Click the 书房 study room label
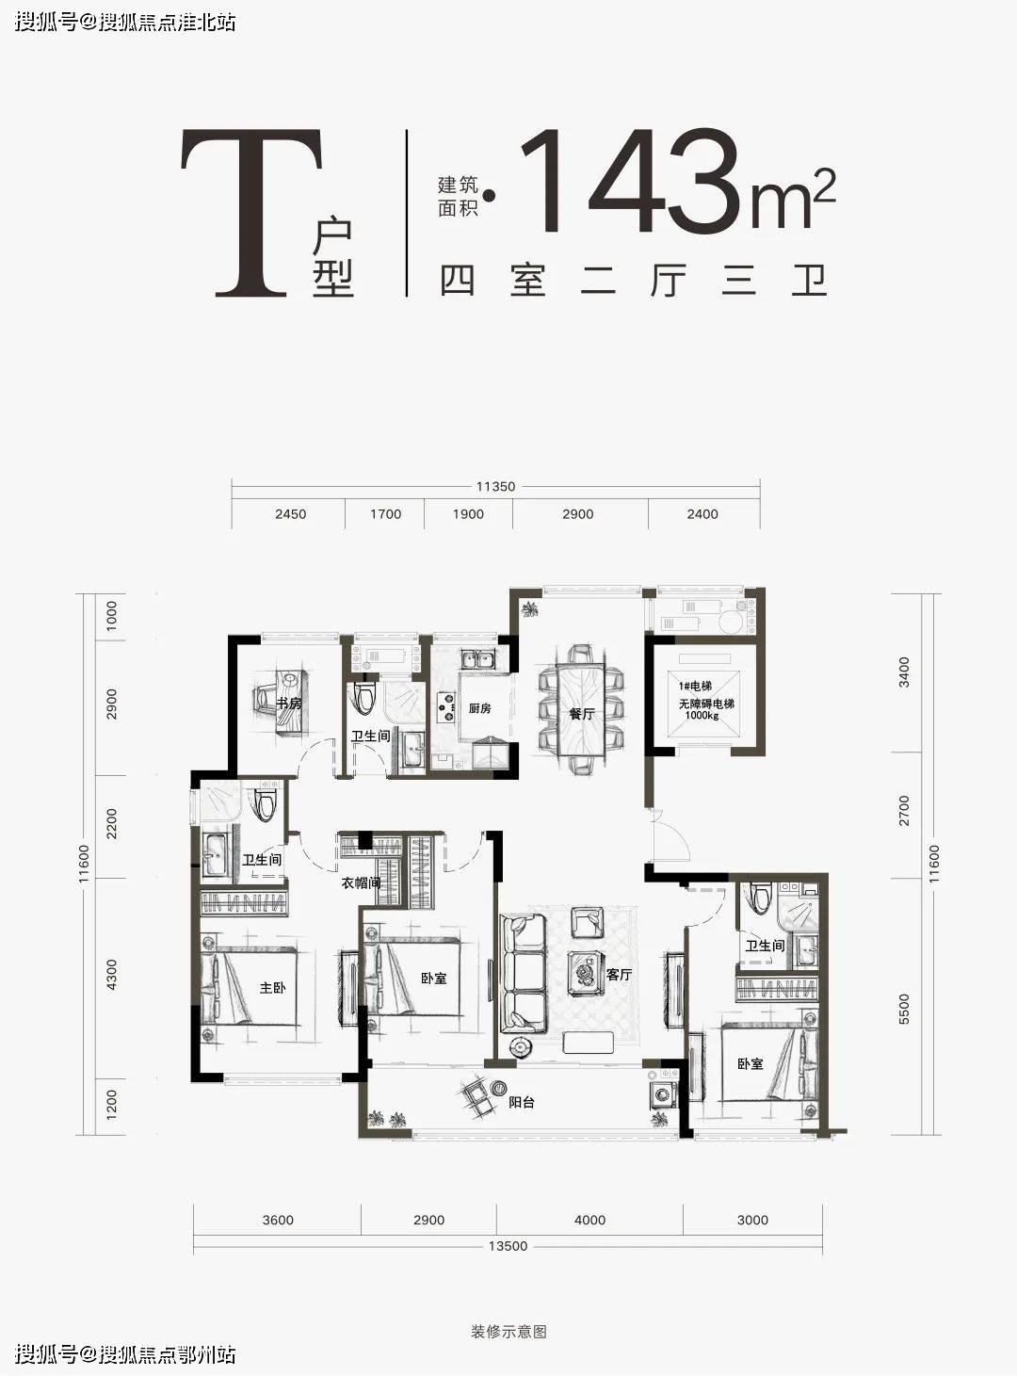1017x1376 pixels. coord(288,704)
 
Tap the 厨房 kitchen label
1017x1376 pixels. coord(479,708)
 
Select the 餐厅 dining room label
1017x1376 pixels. coord(581,714)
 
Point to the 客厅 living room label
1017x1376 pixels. coord(619,975)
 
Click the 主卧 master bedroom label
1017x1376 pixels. coord(272,987)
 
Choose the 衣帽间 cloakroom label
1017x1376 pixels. coord(361,882)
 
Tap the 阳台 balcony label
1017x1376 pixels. coord(522,1103)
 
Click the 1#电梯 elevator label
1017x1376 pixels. coord(695,687)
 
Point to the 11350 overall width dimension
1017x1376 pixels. coord(495,487)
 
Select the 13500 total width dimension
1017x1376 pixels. coord(508,1246)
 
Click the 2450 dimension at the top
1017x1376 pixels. coord(290,514)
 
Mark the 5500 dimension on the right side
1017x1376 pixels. coord(904,1010)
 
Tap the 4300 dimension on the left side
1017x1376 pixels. coord(111,975)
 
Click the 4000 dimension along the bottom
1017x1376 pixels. coord(589,1221)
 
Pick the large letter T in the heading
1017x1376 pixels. coord(251,212)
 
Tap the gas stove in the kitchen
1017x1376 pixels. coord(444,707)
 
